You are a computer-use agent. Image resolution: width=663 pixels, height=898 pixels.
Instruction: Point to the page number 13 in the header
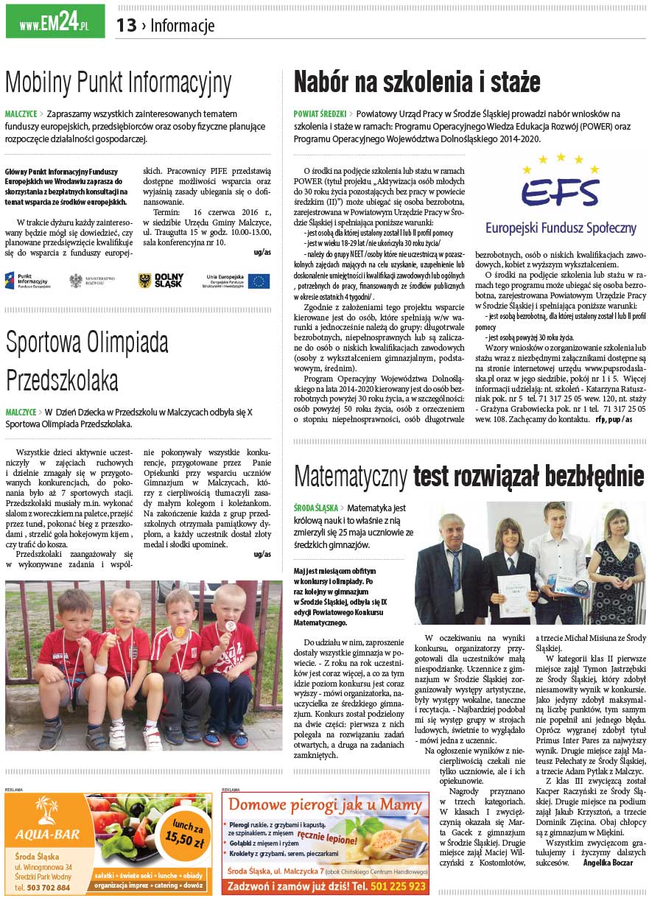click(126, 26)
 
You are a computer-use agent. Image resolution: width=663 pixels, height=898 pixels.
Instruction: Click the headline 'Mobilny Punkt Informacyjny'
click(119, 83)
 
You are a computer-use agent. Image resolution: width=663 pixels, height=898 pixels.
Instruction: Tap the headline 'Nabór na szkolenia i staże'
click(417, 82)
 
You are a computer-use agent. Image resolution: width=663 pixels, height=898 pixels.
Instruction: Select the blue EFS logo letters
click(560, 194)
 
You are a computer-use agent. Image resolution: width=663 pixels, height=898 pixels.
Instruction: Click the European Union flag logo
click(259, 281)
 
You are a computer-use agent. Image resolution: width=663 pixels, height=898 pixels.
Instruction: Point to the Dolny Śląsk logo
click(161, 281)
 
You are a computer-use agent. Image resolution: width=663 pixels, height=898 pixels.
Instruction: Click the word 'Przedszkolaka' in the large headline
click(62, 380)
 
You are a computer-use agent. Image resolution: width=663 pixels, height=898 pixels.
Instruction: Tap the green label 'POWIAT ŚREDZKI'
click(320, 114)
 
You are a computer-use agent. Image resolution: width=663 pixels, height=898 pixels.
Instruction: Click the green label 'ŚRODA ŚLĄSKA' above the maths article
click(315, 508)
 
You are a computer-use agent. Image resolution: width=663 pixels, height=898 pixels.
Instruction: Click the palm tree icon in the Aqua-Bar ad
click(47, 810)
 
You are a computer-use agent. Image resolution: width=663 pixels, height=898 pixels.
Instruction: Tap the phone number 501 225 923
click(398, 886)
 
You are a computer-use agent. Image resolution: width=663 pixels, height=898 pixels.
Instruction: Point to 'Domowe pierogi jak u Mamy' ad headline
click(325, 805)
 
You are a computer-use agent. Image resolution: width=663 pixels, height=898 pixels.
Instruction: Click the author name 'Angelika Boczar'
click(608, 862)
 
